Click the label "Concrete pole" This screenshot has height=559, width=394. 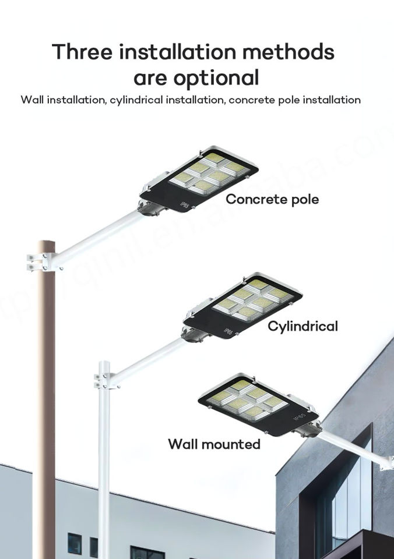pos(272,200)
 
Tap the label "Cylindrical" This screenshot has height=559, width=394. pos(302,326)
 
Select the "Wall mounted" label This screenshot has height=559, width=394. pos(214,444)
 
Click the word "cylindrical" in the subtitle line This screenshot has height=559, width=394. pos(136,100)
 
